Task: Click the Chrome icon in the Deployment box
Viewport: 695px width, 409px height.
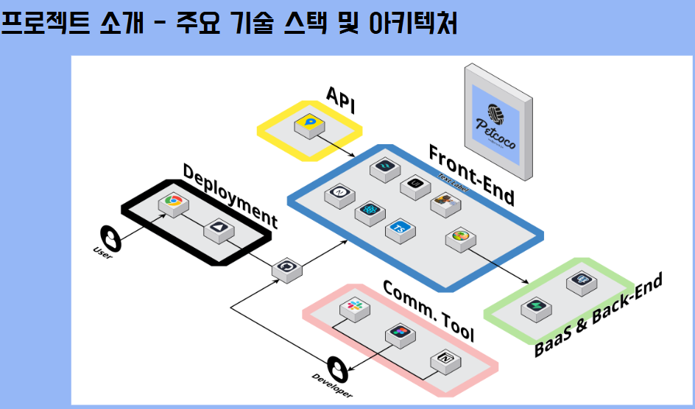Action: pyautogui.click(x=174, y=202)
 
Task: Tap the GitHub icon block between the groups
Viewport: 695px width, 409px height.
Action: pyautogui.click(x=286, y=268)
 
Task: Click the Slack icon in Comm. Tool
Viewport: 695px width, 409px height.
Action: pyautogui.click(x=353, y=307)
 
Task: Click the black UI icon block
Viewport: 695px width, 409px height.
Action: pyautogui.click(x=414, y=185)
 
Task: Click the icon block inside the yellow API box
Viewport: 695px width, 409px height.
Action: pyautogui.click(x=310, y=123)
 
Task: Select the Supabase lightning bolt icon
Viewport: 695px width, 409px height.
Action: pyautogui.click(x=535, y=307)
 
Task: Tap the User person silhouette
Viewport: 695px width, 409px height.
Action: pyautogui.click(x=111, y=238)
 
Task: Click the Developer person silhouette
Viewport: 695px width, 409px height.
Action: pyautogui.click(x=337, y=367)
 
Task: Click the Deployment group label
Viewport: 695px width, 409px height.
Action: pyautogui.click(x=230, y=195)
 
